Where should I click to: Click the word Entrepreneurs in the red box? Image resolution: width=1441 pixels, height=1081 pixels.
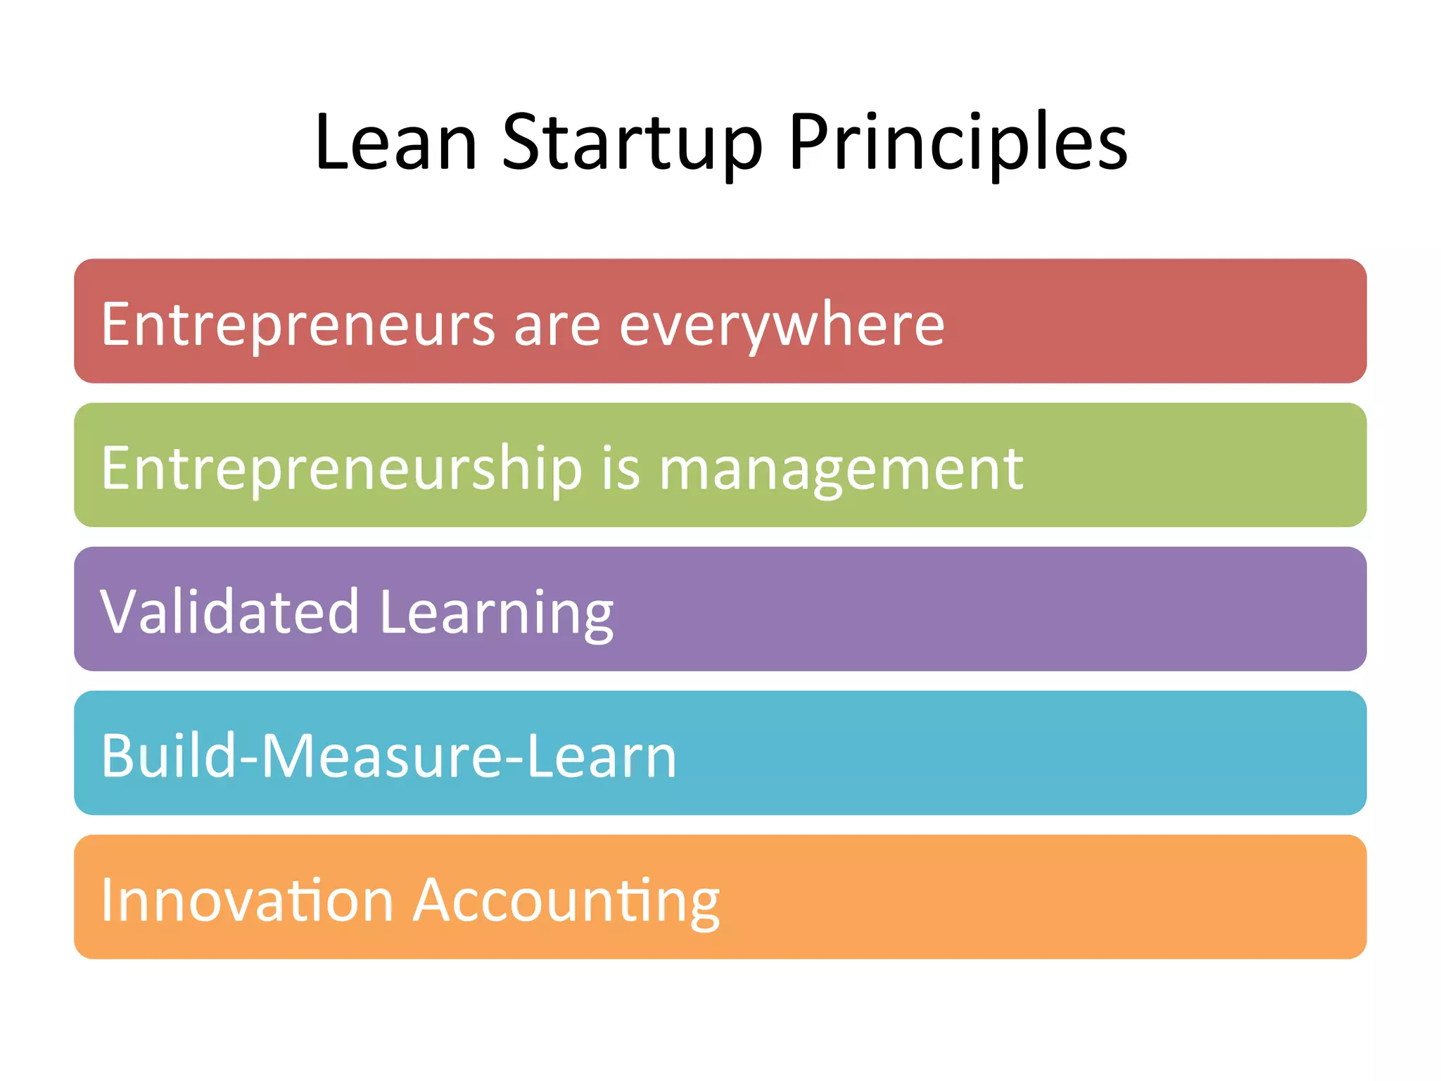[x=298, y=324]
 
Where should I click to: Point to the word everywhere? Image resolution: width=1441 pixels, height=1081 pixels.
[x=782, y=324]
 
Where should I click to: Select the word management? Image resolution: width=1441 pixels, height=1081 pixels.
[x=841, y=470]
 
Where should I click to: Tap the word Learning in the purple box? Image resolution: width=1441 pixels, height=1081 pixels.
[x=496, y=612]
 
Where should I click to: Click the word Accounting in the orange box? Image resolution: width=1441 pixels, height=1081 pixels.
[x=566, y=901]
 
